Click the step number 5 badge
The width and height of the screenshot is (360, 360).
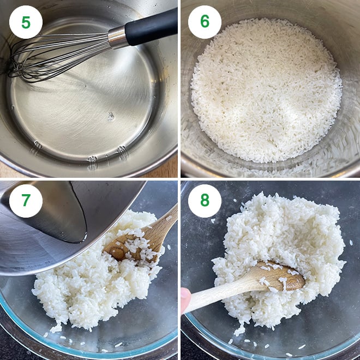(x=26, y=22)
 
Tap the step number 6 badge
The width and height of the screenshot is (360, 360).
(x=205, y=22)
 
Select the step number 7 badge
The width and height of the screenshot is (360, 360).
(x=26, y=201)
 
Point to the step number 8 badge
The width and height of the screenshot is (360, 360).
(x=205, y=201)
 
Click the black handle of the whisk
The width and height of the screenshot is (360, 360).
(x=152, y=28)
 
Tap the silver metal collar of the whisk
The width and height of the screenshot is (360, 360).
(x=118, y=37)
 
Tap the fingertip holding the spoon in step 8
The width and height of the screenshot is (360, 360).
(x=185, y=299)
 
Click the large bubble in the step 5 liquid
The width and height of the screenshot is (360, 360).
(x=111, y=117)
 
